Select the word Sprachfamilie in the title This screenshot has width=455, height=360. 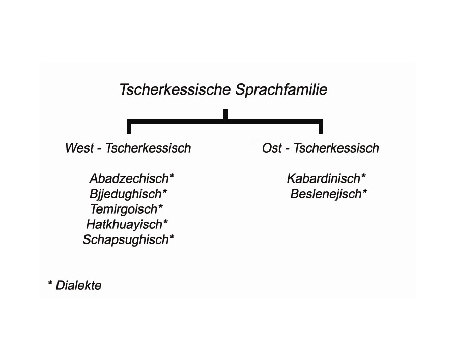click(x=281, y=90)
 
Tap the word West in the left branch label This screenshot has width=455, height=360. click(x=79, y=148)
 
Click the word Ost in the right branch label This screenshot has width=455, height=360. click(x=272, y=148)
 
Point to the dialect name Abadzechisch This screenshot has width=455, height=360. click(x=129, y=178)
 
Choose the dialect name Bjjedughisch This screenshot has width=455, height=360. click(x=125, y=194)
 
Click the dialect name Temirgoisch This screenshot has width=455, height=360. click(x=124, y=209)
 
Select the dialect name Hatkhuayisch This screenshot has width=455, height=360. click(x=124, y=224)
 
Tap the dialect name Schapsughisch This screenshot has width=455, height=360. click(x=126, y=239)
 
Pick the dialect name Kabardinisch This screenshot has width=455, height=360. click(x=324, y=178)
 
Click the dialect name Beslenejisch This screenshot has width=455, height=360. click(x=326, y=194)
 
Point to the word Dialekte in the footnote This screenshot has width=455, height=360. click(x=78, y=285)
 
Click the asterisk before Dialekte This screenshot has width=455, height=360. click(x=50, y=283)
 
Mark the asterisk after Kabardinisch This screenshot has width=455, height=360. click(x=363, y=176)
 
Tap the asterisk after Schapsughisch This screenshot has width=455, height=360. click(x=172, y=237)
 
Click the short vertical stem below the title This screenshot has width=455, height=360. click(x=225, y=114)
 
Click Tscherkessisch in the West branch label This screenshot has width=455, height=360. click(x=148, y=148)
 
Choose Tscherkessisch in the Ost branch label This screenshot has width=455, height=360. click(x=336, y=148)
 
